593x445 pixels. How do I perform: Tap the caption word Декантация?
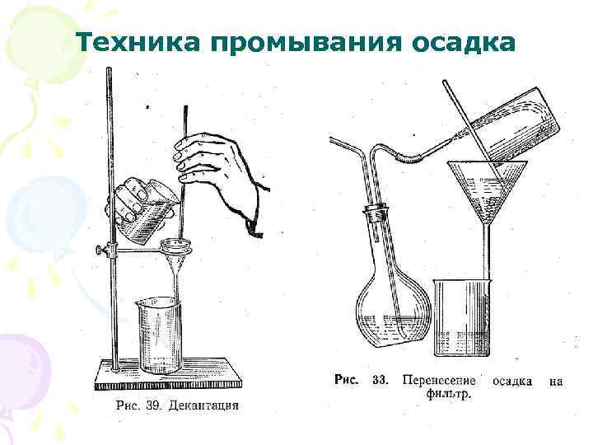coord(203,405)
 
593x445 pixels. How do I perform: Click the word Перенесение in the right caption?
coord(439,381)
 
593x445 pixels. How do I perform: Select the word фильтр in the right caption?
coord(448,394)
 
